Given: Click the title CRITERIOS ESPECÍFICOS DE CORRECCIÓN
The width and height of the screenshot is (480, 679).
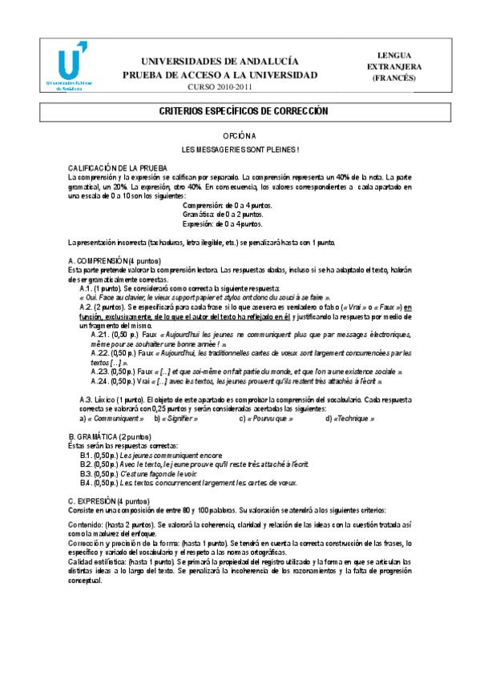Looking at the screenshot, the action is pyautogui.click(x=240, y=112).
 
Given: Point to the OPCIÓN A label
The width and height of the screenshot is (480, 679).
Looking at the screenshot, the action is pyautogui.click(x=240, y=137).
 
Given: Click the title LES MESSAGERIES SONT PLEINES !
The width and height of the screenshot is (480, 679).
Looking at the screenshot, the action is pyautogui.click(x=240, y=150).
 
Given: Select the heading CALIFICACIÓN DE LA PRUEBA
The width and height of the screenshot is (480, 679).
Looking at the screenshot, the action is pyautogui.click(x=117, y=167).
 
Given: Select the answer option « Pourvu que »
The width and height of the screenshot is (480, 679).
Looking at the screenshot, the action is pyautogui.click(x=267, y=419).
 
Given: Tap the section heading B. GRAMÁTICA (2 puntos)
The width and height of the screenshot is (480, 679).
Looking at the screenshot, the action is pyautogui.click(x=109, y=436).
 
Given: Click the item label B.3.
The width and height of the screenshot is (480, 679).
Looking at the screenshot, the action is pyautogui.click(x=86, y=473).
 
